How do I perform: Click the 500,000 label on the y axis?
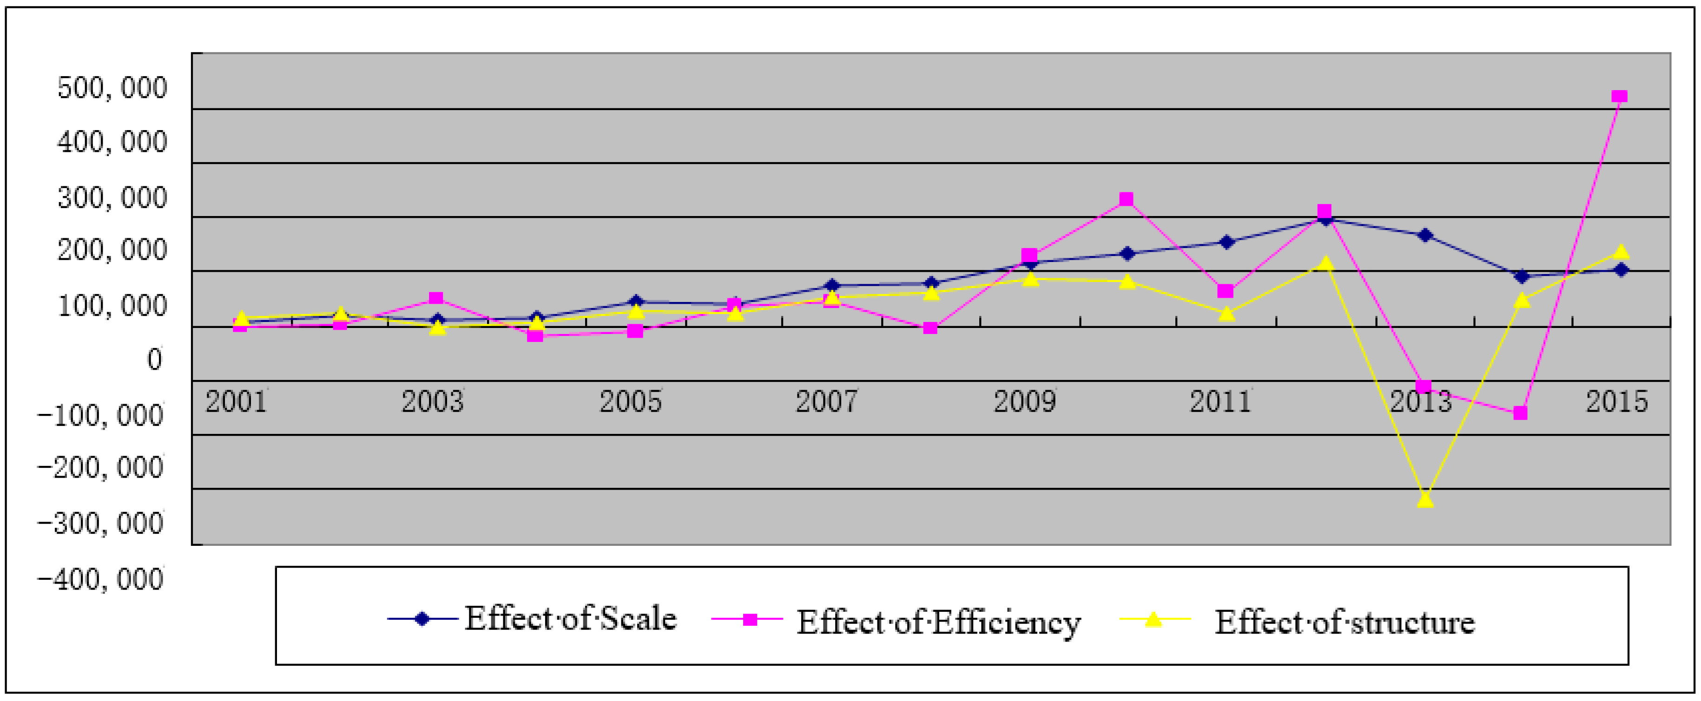pyautogui.click(x=112, y=88)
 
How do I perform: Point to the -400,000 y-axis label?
pyautogui.click(x=100, y=579)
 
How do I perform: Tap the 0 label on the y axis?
pyautogui.click(x=154, y=360)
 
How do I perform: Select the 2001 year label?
pyautogui.click(x=236, y=401)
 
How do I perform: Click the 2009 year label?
pyautogui.click(x=1025, y=401)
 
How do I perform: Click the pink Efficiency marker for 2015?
pyautogui.click(x=1619, y=96)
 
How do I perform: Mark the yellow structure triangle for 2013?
pyautogui.click(x=1425, y=500)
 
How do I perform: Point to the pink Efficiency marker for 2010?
pyautogui.click(x=1127, y=199)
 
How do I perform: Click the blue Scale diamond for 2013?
pyautogui.click(x=1425, y=236)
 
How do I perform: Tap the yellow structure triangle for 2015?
pyautogui.click(x=1621, y=251)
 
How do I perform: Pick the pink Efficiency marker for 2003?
pyautogui.click(x=436, y=298)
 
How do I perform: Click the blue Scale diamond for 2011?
pyautogui.click(x=1226, y=242)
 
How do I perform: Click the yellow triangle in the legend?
pyautogui.click(x=1153, y=619)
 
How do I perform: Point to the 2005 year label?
pyautogui.click(x=630, y=401)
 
